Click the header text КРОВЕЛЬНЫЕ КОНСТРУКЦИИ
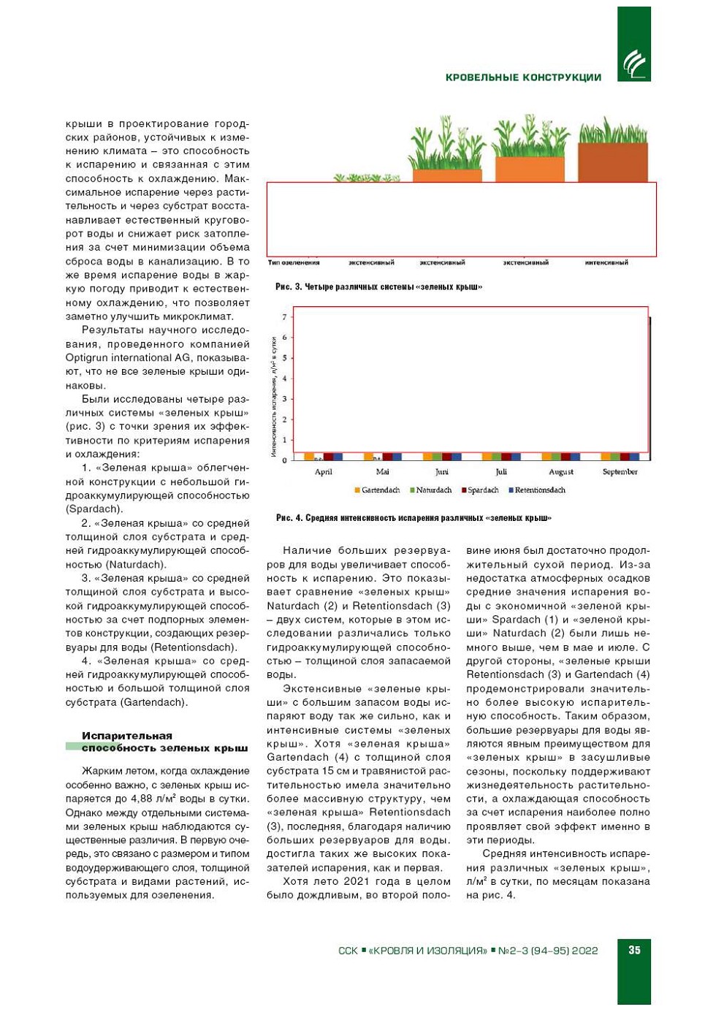pos(523,77)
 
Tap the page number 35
pos(634,950)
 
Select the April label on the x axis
pos(323,472)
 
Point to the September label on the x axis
pos(620,472)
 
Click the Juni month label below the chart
pos(442,472)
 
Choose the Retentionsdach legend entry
pos(539,490)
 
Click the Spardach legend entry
pos(482,490)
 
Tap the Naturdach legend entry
pos(433,490)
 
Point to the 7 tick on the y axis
pos(285,317)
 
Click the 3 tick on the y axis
pos(285,399)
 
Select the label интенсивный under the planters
pos(606,262)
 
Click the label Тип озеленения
pos(294,262)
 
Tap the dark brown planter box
pos(612,162)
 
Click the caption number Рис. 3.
pos(288,287)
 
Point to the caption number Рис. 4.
pos(289,518)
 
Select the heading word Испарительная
pos(127,736)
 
